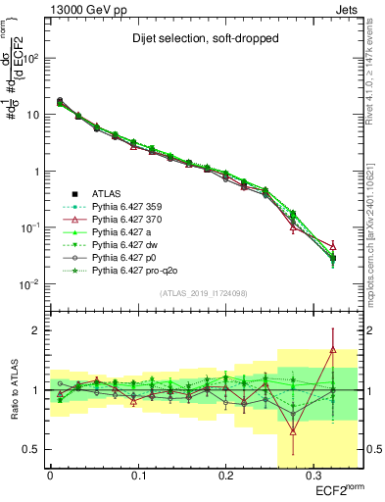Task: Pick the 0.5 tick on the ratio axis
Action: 33,450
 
